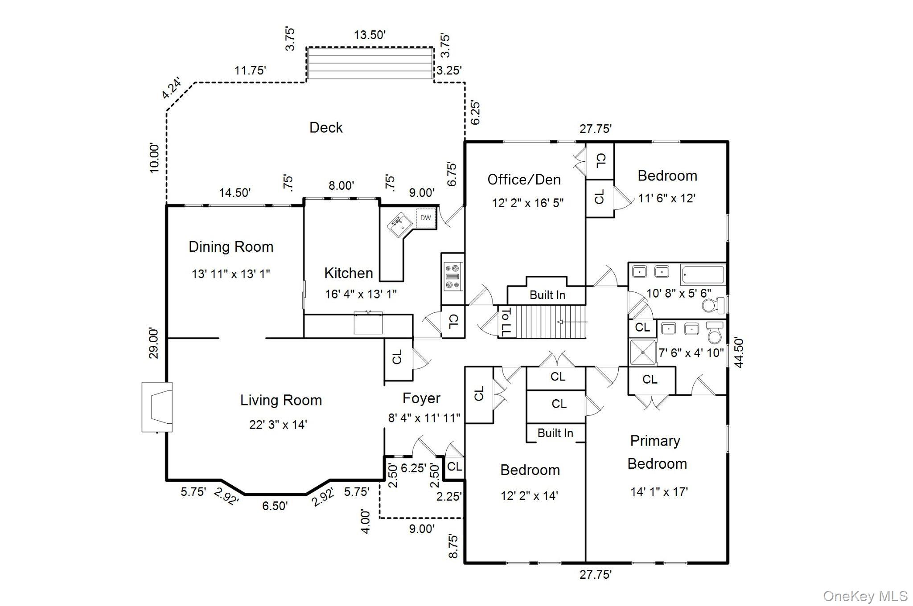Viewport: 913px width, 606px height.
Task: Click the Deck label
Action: coord(326,128)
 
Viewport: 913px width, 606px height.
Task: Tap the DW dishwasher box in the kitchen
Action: coord(426,218)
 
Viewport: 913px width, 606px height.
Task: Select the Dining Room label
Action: coord(231,247)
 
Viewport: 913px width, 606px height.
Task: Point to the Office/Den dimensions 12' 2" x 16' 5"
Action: coord(527,203)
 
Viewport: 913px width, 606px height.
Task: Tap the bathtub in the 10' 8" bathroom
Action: coord(703,274)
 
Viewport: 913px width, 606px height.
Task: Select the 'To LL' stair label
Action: coord(506,322)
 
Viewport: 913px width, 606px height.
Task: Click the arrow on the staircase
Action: coord(572,322)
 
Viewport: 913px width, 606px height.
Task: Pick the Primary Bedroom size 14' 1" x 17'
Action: coord(659,492)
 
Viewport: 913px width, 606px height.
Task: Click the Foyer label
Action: coord(421,398)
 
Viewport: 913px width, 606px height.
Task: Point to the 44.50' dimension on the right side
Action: coord(739,352)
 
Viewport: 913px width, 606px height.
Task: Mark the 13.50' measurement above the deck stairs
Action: coord(370,35)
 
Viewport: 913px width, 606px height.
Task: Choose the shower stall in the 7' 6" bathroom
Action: coord(643,352)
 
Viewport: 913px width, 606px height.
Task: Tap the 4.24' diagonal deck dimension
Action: coord(172,89)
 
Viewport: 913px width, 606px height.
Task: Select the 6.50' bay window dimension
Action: coord(275,506)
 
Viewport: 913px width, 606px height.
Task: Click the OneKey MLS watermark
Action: coord(865,596)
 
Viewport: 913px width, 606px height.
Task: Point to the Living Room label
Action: coord(281,400)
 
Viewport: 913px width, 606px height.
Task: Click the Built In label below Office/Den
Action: coord(547,295)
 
